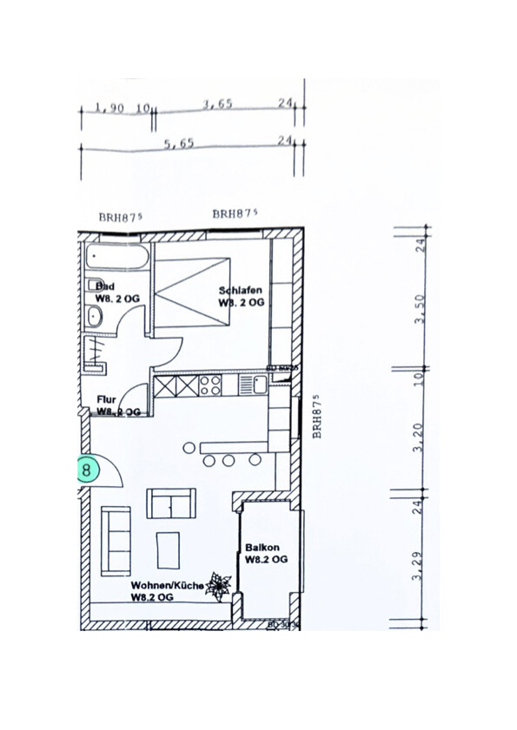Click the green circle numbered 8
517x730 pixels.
coord(86,470)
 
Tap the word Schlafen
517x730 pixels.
coord(241,291)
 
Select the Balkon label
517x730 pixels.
coord(262,548)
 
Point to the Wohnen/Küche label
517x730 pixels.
coord(167,586)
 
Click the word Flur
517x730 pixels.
coord(106,399)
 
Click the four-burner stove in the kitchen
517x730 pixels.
coord(210,384)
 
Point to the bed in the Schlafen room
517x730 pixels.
coord(193,292)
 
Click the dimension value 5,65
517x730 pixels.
coord(178,144)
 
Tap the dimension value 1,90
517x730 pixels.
coord(109,109)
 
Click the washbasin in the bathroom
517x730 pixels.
coord(94,319)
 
